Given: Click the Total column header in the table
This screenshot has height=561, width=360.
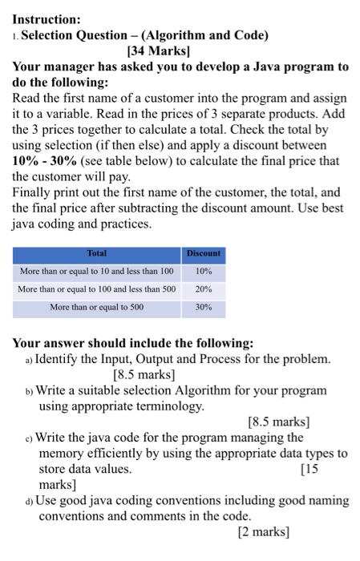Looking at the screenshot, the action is click(97, 253).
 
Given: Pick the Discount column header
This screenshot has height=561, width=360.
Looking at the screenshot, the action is click(203, 253).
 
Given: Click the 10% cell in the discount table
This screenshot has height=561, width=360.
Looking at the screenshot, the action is click(203, 271).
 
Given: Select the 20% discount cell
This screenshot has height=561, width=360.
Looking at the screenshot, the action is click(203, 289).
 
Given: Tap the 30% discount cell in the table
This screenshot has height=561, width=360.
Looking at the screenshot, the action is click(203, 307).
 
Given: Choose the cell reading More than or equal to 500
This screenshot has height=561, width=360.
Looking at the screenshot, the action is click(97, 307).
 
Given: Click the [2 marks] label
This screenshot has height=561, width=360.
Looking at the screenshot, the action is click(263, 531).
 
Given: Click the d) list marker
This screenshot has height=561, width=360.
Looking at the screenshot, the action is click(29, 501).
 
